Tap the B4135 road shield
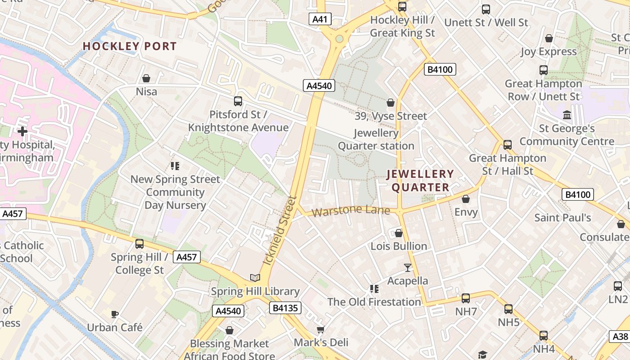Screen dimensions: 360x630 285,308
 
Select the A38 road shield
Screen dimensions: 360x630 621,337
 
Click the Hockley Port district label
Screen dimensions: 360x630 130,46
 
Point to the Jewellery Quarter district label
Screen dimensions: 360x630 420,180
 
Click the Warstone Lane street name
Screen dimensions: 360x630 351,210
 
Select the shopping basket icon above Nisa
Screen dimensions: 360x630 146,78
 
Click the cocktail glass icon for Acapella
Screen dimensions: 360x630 408,268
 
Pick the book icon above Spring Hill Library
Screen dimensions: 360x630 255,278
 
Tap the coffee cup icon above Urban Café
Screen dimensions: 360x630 115,314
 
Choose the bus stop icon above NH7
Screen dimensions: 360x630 466,298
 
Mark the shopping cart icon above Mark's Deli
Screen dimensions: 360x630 320,330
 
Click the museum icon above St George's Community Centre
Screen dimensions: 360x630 567,115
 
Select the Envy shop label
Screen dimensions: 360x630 466,212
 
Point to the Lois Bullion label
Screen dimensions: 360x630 399,246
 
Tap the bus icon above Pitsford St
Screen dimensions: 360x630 238,101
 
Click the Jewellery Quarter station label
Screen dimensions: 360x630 376,139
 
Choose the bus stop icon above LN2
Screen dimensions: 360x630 618,286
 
